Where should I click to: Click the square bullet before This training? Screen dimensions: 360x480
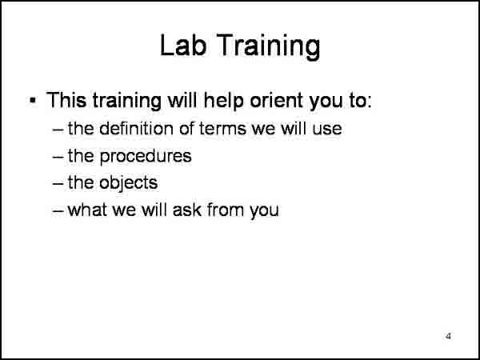pos(33,101)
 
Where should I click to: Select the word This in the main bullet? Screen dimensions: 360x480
pos(66,101)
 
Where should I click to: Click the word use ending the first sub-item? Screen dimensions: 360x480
pos(327,128)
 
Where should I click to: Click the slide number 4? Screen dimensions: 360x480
pos(448,335)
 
